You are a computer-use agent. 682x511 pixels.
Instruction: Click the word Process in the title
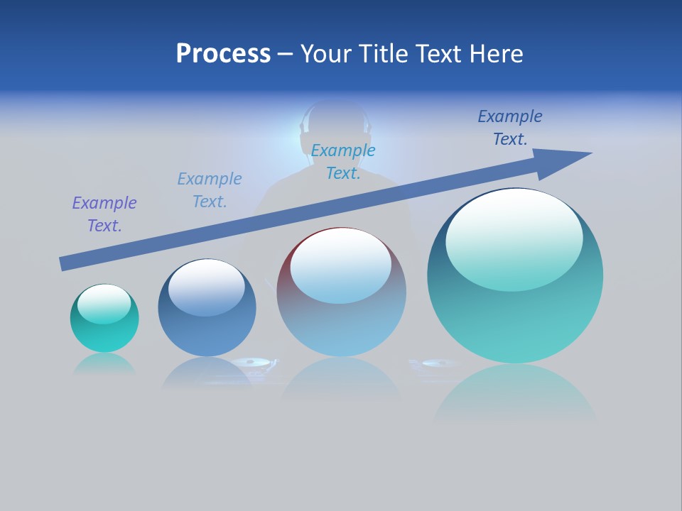(223, 54)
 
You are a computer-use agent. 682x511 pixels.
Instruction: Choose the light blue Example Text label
(210, 190)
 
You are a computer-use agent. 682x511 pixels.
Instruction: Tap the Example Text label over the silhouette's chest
(343, 162)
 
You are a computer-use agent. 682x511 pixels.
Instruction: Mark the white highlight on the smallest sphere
(104, 303)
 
